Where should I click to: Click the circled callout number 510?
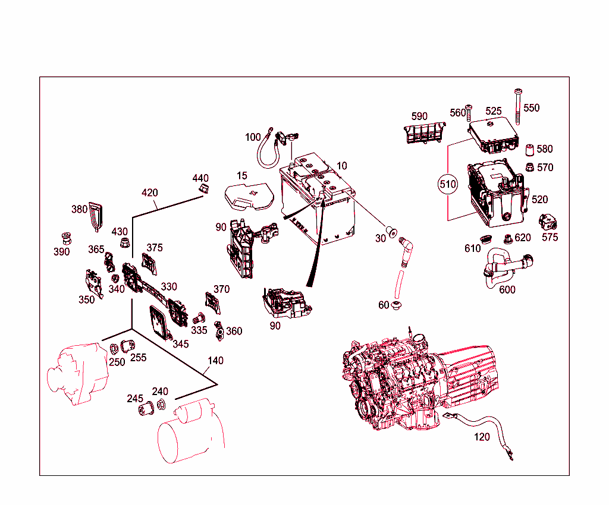coord(447,184)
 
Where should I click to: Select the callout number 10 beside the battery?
coord(341,166)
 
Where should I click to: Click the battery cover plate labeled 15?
coord(249,197)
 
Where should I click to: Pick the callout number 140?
coord(215,361)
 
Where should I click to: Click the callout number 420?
coord(150,192)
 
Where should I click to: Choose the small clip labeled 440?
coord(203,190)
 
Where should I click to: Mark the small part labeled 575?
coord(547,222)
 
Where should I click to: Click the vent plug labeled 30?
coord(392,232)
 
